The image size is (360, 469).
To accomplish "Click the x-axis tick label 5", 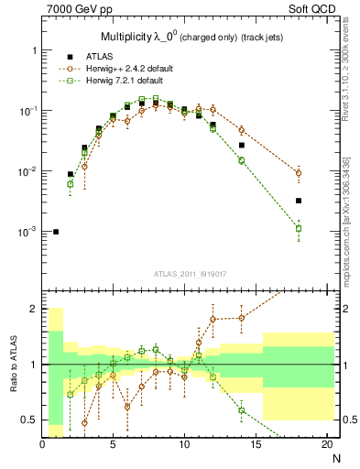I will pos(113,444).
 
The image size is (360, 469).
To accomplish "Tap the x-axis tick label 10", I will pos(183,444).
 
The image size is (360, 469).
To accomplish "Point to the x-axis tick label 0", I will pos(42,444).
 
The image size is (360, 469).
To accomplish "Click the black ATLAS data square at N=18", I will pos(299,201).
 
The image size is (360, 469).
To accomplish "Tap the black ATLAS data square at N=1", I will pos(56,232).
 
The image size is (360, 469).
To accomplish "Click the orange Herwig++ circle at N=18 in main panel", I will pos(299,173).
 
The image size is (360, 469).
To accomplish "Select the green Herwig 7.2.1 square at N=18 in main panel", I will pos(299,228).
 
